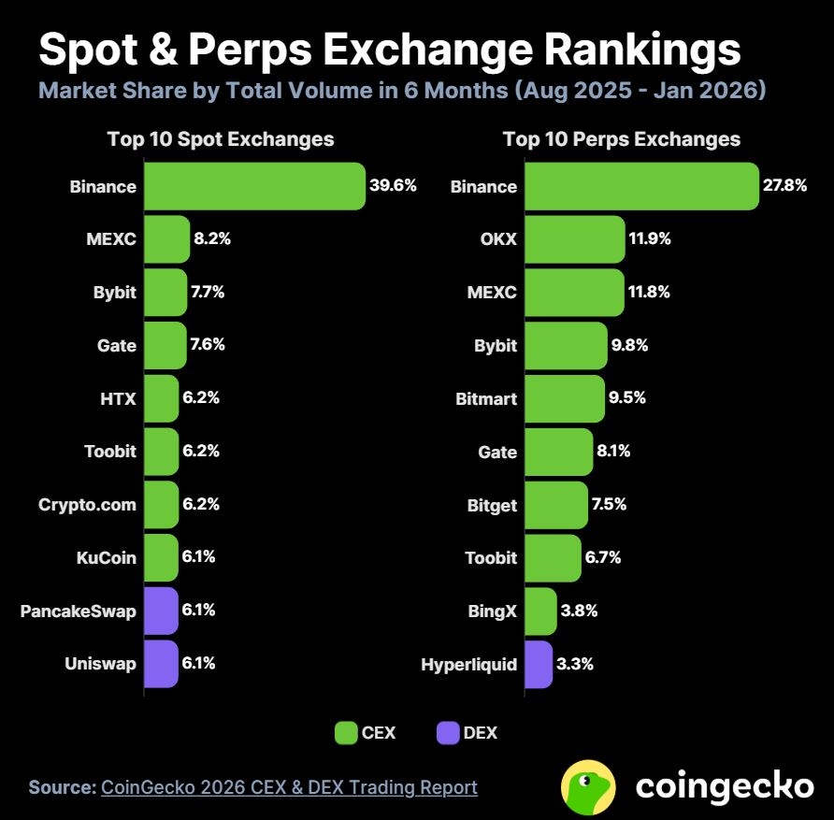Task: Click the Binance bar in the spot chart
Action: (x=254, y=186)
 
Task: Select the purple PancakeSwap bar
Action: (x=161, y=611)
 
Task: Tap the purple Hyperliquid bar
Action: (x=539, y=665)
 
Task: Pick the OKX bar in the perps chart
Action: (x=575, y=239)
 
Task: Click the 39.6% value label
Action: (x=393, y=185)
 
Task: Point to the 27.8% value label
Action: (x=784, y=185)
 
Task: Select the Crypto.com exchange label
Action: (x=87, y=505)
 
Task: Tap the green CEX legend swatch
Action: (x=346, y=733)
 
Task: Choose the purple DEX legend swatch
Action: (x=448, y=733)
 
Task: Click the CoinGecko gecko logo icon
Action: (x=588, y=786)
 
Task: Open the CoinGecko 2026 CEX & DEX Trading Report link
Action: (x=289, y=787)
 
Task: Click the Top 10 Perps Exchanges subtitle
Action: (x=621, y=139)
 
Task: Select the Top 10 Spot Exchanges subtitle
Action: (x=221, y=139)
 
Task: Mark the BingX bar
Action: (x=541, y=611)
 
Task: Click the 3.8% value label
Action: (x=579, y=611)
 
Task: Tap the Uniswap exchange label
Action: (x=100, y=664)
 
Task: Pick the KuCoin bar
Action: (x=161, y=557)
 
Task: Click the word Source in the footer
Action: (x=62, y=787)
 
